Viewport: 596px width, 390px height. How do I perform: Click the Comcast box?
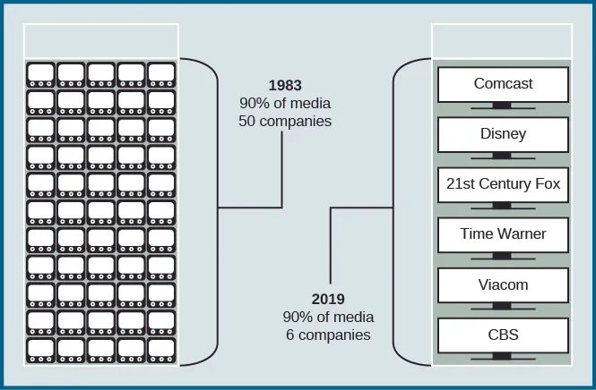click(x=503, y=84)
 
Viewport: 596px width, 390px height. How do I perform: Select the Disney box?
click(x=503, y=134)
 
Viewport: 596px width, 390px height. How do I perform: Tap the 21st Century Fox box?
click(x=503, y=184)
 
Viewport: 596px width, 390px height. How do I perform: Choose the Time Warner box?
click(x=503, y=234)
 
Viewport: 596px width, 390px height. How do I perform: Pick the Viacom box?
click(x=503, y=285)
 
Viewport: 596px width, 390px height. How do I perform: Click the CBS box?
click(x=503, y=335)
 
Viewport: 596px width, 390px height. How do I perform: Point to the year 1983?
click(x=284, y=86)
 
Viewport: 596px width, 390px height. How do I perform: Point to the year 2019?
click(x=328, y=300)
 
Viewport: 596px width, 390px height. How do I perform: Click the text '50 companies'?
click(x=284, y=121)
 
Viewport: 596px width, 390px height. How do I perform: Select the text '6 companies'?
click(x=328, y=335)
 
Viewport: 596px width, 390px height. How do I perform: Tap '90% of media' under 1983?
click(x=284, y=103)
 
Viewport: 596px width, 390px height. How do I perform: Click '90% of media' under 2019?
click(x=328, y=317)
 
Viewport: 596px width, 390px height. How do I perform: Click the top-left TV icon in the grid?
click(x=41, y=73)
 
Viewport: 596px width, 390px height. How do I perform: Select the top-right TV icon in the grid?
click(x=161, y=73)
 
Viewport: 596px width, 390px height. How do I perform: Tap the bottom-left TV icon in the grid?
click(x=41, y=350)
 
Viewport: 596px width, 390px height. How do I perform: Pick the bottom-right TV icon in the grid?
click(x=161, y=350)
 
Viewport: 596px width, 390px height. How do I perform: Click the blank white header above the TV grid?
click(x=101, y=41)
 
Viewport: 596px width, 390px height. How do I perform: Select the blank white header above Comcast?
click(x=503, y=41)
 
